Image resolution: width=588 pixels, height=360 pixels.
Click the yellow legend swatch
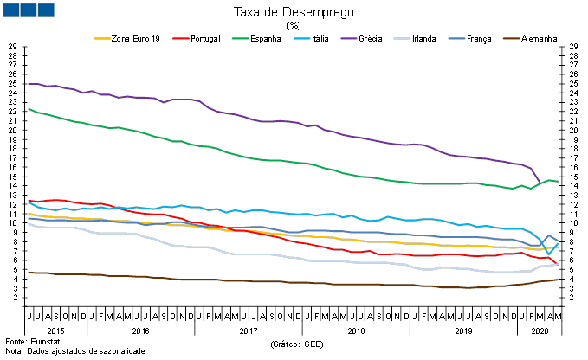pos(102,38)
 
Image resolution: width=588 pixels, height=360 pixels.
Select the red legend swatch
pos(181,38)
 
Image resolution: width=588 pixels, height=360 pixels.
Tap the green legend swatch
pos(240,38)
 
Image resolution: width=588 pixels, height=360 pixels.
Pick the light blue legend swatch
pos(302,38)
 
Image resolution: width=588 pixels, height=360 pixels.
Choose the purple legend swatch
pos(349,38)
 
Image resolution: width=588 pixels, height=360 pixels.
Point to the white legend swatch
pos(402,38)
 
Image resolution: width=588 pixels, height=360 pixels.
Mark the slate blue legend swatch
pos(456,38)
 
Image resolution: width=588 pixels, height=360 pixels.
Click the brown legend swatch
pos(512,38)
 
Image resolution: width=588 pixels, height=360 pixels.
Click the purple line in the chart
pos(260,120)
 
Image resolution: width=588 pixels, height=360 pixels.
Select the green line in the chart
pos(260,159)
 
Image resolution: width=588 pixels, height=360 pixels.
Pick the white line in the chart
pos(260,254)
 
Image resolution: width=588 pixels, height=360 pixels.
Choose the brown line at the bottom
pos(260,281)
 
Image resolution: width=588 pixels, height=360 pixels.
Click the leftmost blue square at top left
pos(10,10)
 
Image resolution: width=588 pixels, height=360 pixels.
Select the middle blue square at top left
pos(28,10)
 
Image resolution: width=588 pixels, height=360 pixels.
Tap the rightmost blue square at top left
pos(45,10)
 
